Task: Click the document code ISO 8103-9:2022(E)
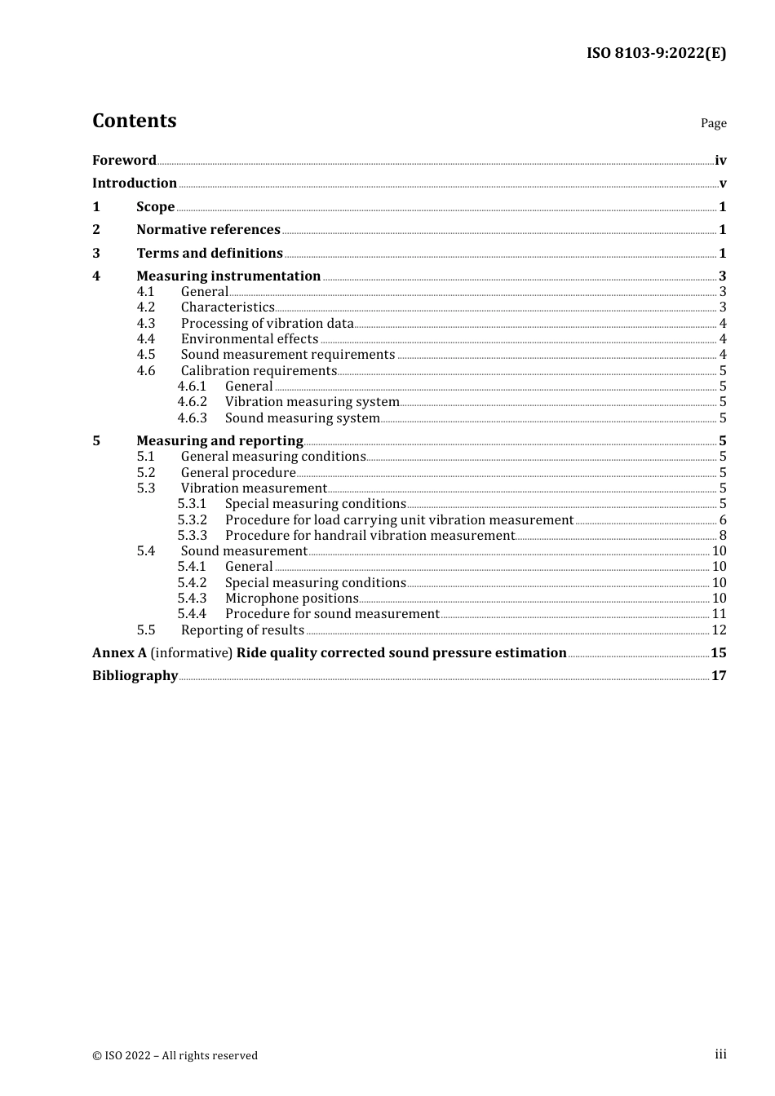[656, 53]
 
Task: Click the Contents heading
[135, 121]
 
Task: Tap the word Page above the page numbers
[713, 123]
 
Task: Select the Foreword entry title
[124, 160]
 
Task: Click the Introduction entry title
[135, 183]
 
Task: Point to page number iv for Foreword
[720, 161]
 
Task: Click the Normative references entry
[208, 229]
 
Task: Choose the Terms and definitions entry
[210, 253]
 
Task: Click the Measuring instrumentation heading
[228, 276]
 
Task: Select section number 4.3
[146, 323]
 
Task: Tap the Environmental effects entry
[250, 338]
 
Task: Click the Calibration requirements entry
[259, 370]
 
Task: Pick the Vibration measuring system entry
[312, 401]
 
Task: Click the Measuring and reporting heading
[219, 440]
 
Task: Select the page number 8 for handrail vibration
[723, 535]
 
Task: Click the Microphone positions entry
[292, 598]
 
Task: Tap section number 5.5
[146, 630]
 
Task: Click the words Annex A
[119, 652]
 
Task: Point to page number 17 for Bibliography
[719, 675]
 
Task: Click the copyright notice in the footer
[175, 1055]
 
